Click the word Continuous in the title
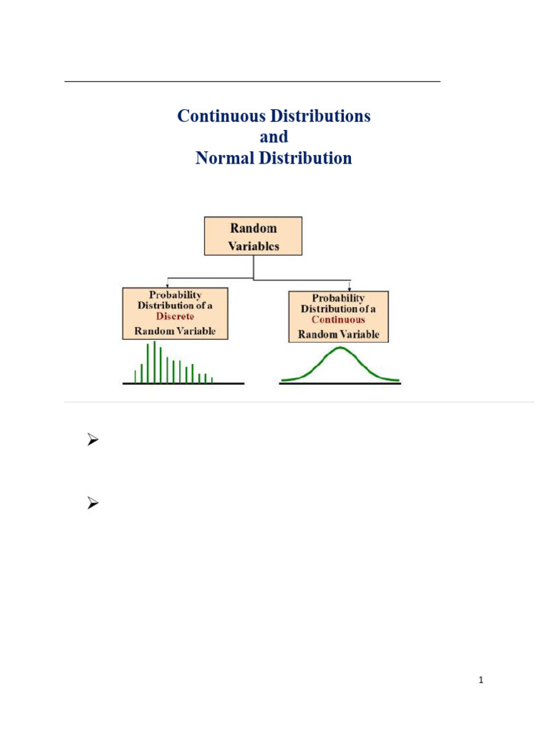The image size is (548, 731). (x=216, y=116)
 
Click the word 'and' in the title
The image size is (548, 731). (x=273, y=136)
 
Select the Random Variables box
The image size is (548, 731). (x=253, y=236)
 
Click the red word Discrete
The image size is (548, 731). (x=175, y=316)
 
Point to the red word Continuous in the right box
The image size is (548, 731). (x=338, y=320)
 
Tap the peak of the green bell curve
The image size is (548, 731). (x=340, y=348)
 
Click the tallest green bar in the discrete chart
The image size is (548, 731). (x=154, y=361)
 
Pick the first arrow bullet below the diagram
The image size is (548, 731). (x=91, y=441)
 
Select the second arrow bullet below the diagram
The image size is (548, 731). (x=91, y=505)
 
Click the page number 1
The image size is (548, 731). (x=482, y=680)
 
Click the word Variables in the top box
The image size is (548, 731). (x=253, y=246)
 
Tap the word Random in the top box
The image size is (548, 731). (x=253, y=228)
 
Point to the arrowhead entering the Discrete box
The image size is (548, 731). (x=167, y=285)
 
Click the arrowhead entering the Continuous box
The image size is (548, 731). (x=349, y=288)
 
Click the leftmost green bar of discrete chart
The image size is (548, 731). (x=135, y=376)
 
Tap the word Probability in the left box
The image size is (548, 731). (x=175, y=294)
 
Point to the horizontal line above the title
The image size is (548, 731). (x=252, y=82)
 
